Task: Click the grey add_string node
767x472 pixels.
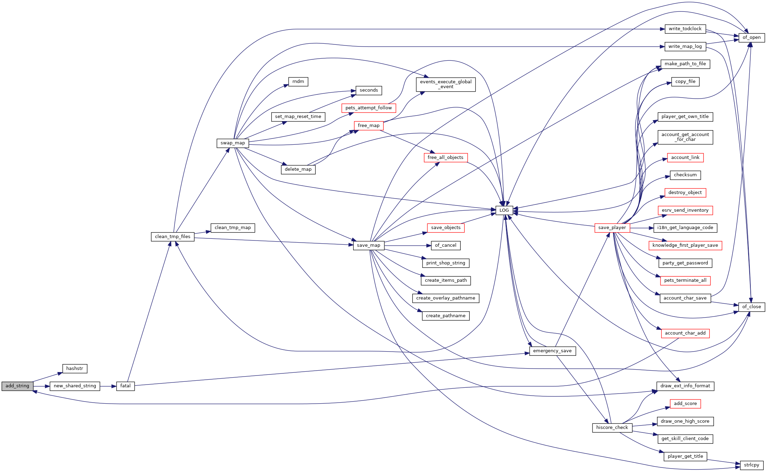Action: pyautogui.click(x=17, y=386)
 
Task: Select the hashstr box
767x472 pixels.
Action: pyautogui.click(x=75, y=369)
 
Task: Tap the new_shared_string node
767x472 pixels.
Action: pyautogui.click(x=75, y=386)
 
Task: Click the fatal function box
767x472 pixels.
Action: pyautogui.click(x=125, y=386)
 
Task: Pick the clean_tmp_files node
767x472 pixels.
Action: pyautogui.click(x=173, y=237)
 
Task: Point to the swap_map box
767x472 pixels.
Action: pyautogui.click(x=233, y=143)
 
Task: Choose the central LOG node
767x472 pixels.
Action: pyautogui.click(x=504, y=210)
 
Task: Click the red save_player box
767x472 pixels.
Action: pyautogui.click(x=612, y=228)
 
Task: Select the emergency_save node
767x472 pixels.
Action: pyautogui.click(x=553, y=351)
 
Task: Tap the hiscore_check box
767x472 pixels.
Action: pyautogui.click(x=612, y=428)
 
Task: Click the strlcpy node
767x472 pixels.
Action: pyautogui.click(x=752, y=465)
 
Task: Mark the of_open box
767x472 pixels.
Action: pyautogui.click(x=752, y=37)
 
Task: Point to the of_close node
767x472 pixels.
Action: pyautogui.click(x=752, y=307)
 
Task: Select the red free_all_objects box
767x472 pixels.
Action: pyautogui.click(x=446, y=158)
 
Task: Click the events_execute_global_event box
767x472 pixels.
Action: pyautogui.click(x=446, y=84)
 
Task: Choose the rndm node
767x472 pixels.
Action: pyautogui.click(x=298, y=82)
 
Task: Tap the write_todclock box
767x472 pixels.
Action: pyautogui.click(x=685, y=29)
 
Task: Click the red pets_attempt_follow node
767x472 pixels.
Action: pyautogui.click(x=369, y=108)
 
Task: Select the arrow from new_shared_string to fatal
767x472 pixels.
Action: pyautogui.click(x=108, y=386)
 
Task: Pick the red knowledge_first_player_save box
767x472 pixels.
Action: pyautogui.click(x=685, y=245)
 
